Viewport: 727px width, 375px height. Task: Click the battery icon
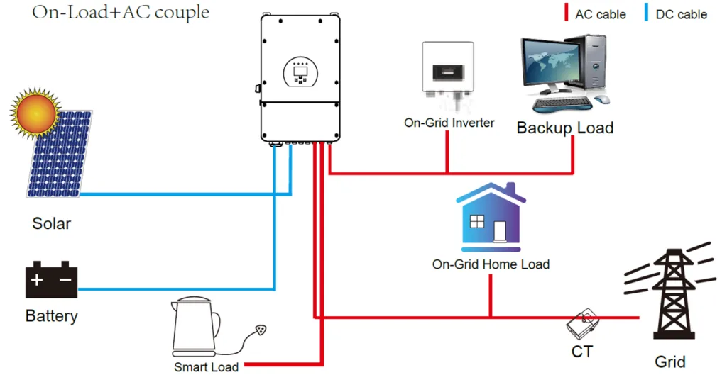coord(51,281)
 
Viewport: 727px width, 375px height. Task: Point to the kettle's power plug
coord(264,330)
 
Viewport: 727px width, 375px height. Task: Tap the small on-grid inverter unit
coord(448,72)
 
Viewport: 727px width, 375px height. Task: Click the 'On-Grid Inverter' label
coord(449,123)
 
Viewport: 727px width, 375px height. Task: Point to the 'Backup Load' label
coord(564,128)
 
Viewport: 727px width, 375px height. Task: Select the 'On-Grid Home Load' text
coord(491,264)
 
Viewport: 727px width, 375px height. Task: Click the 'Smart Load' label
coord(206,367)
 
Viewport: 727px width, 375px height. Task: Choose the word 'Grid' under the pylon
coord(669,362)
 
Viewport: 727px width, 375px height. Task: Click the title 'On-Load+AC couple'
coord(121,13)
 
